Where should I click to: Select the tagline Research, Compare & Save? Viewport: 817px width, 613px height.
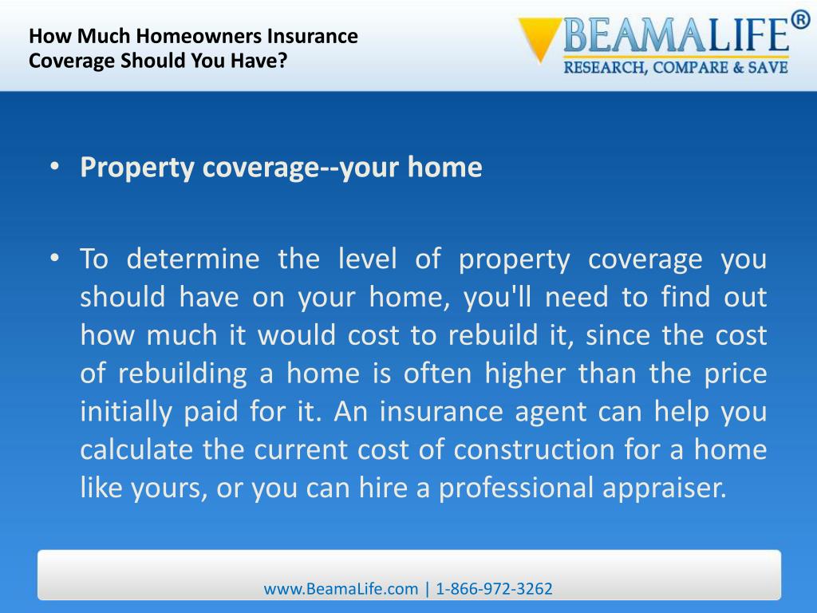pos(676,68)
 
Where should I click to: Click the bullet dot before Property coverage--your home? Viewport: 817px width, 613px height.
pos(53,168)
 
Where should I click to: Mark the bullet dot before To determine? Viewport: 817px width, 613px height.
pos(53,259)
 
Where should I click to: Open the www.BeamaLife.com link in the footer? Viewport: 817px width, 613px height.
pos(341,589)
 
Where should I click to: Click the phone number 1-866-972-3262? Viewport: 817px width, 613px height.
pos(495,589)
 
